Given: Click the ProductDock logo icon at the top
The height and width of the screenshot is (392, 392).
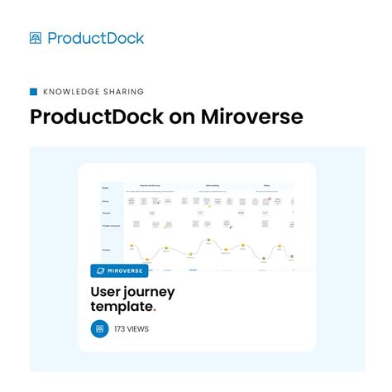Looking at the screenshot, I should tap(36, 38).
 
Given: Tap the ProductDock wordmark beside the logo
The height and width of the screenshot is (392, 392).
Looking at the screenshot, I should tap(95, 38).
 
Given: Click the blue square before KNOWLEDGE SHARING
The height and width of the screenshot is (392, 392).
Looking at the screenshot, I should tap(34, 92).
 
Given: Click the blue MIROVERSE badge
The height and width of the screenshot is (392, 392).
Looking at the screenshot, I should tap(119, 270).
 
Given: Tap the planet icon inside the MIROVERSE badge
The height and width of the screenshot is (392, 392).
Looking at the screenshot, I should tap(101, 270).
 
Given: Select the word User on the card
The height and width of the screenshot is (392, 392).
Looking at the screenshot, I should tap(110, 292).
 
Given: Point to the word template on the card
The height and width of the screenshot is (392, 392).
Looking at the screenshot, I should tap(120, 307).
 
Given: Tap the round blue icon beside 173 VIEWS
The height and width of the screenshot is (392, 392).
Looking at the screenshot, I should tap(100, 328).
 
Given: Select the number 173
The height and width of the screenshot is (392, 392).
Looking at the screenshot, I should tap(122, 329).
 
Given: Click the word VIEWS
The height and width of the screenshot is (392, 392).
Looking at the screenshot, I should tap(139, 329).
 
